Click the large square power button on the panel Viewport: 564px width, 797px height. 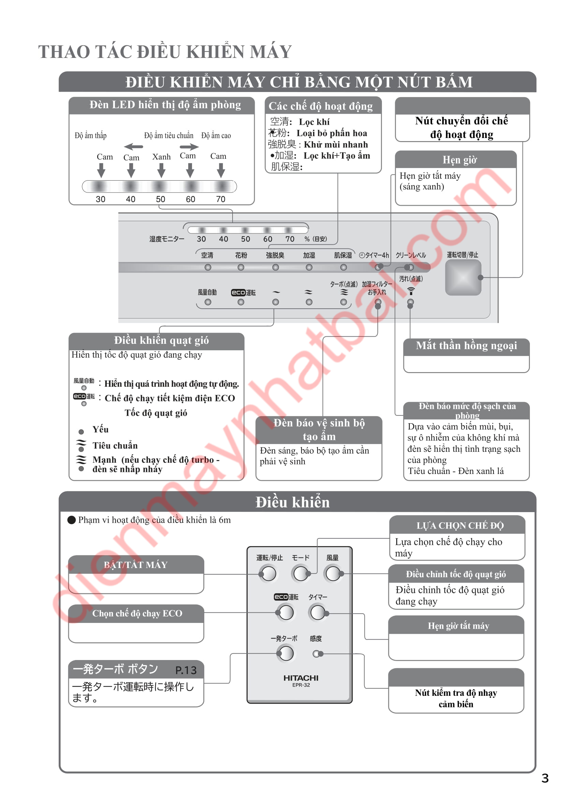[463, 277]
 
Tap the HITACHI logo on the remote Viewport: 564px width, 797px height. [301, 678]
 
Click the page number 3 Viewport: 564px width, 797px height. [545, 778]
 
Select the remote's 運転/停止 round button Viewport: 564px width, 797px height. [268, 573]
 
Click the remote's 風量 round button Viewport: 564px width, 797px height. [333, 573]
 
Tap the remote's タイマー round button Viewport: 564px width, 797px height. [317, 612]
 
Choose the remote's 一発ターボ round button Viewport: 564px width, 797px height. [286, 653]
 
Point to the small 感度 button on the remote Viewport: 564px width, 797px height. [316, 654]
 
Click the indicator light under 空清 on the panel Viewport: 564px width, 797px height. [208, 267]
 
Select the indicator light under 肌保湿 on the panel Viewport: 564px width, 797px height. [343, 267]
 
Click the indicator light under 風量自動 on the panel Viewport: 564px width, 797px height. [208, 302]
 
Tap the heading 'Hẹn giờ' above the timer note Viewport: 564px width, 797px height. [459, 160]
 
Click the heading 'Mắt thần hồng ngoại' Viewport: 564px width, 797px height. [466, 346]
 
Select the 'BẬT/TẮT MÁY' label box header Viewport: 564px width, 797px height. [136, 565]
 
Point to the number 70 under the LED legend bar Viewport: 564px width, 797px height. [221, 199]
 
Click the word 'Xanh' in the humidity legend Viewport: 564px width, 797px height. [162, 157]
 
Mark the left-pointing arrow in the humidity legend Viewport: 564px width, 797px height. [133, 147]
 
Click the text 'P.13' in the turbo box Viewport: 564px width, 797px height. [186, 670]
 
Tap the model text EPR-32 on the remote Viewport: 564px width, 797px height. [301, 685]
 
